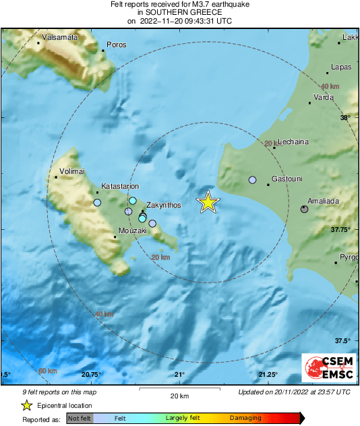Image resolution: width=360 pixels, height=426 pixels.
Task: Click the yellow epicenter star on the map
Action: (209, 202)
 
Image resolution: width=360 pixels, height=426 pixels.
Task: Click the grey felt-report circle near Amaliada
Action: (304, 210)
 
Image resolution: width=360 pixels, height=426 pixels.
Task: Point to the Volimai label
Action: (73, 171)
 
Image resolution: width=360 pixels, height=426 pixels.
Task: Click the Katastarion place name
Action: (120, 185)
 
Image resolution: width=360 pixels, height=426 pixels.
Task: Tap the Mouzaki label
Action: (132, 231)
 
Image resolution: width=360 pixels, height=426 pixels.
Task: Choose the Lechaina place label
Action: (291, 142)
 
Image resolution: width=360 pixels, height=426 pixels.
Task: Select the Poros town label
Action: (116, 44)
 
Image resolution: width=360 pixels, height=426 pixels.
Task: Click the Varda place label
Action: (325, 97)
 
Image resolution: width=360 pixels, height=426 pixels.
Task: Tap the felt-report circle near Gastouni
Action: (253, 180)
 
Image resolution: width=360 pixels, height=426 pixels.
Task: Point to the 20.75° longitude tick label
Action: (90, 375)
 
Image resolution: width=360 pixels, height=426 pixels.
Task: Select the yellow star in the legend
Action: (26, 405)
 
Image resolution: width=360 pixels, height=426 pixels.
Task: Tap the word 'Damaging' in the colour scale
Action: (245, 418)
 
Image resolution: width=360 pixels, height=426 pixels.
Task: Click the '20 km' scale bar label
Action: (179, 395)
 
